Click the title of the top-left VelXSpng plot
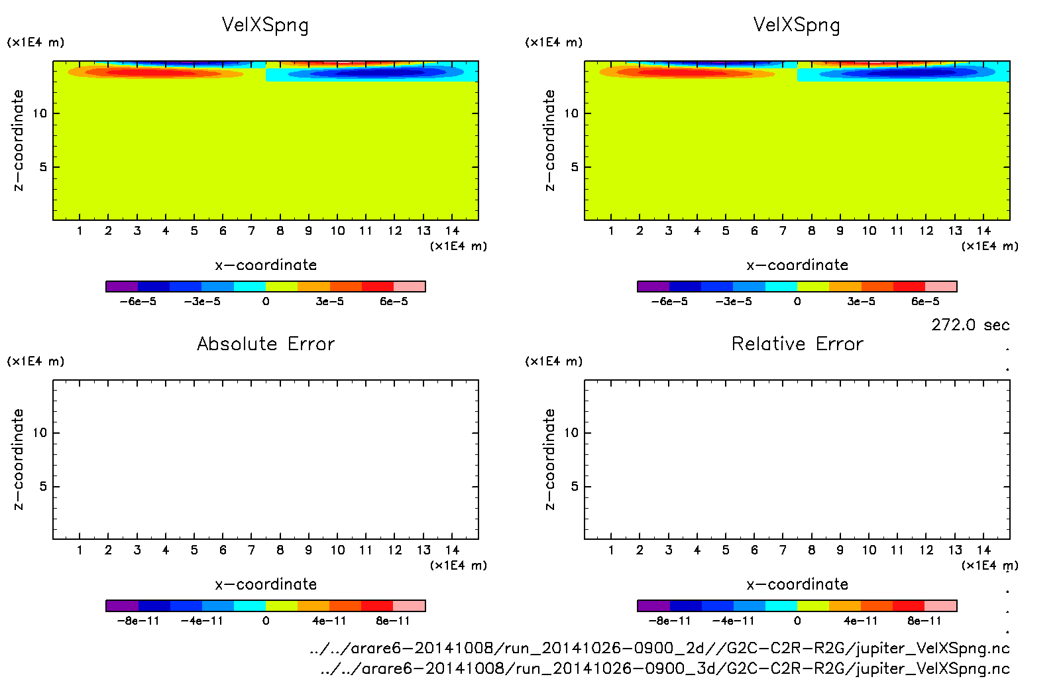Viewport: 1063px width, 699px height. click(265, 25)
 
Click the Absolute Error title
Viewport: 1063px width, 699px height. click(266, 344)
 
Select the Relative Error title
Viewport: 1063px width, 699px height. click(797, 344)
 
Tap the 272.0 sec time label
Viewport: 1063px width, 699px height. click(970, 325)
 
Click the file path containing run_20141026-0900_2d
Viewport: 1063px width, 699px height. click(659, 648)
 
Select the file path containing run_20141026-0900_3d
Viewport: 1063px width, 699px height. click(665, 668)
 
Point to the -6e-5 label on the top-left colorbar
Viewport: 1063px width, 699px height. click(138, 302)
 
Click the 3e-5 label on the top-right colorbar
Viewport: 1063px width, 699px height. click(861, 302)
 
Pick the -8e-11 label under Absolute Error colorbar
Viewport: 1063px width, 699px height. click(138, 621)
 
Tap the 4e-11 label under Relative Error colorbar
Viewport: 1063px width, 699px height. click(861, 621)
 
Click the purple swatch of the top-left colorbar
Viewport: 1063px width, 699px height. click(122, 286)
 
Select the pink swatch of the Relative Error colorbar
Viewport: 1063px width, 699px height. click(940, 605)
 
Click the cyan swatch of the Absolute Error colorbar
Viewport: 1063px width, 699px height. click(250, 605)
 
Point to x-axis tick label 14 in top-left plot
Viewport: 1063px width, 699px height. click(452, 231)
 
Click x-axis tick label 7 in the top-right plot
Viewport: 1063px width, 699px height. click(783, 231)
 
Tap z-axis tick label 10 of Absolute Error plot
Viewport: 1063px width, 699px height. click(40, 433)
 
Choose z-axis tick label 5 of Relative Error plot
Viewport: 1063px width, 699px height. click(575, 487)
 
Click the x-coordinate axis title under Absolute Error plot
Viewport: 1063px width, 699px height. click(266, 584)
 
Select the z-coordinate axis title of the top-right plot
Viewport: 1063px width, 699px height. click(549, 141)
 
